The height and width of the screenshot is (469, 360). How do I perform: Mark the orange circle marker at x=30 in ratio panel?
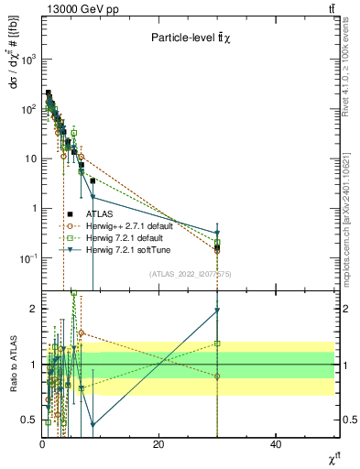pyautogui.click(x=217, y=376)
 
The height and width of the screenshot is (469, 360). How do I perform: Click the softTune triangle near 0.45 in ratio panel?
pyautogui.click(x=93, y=425)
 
